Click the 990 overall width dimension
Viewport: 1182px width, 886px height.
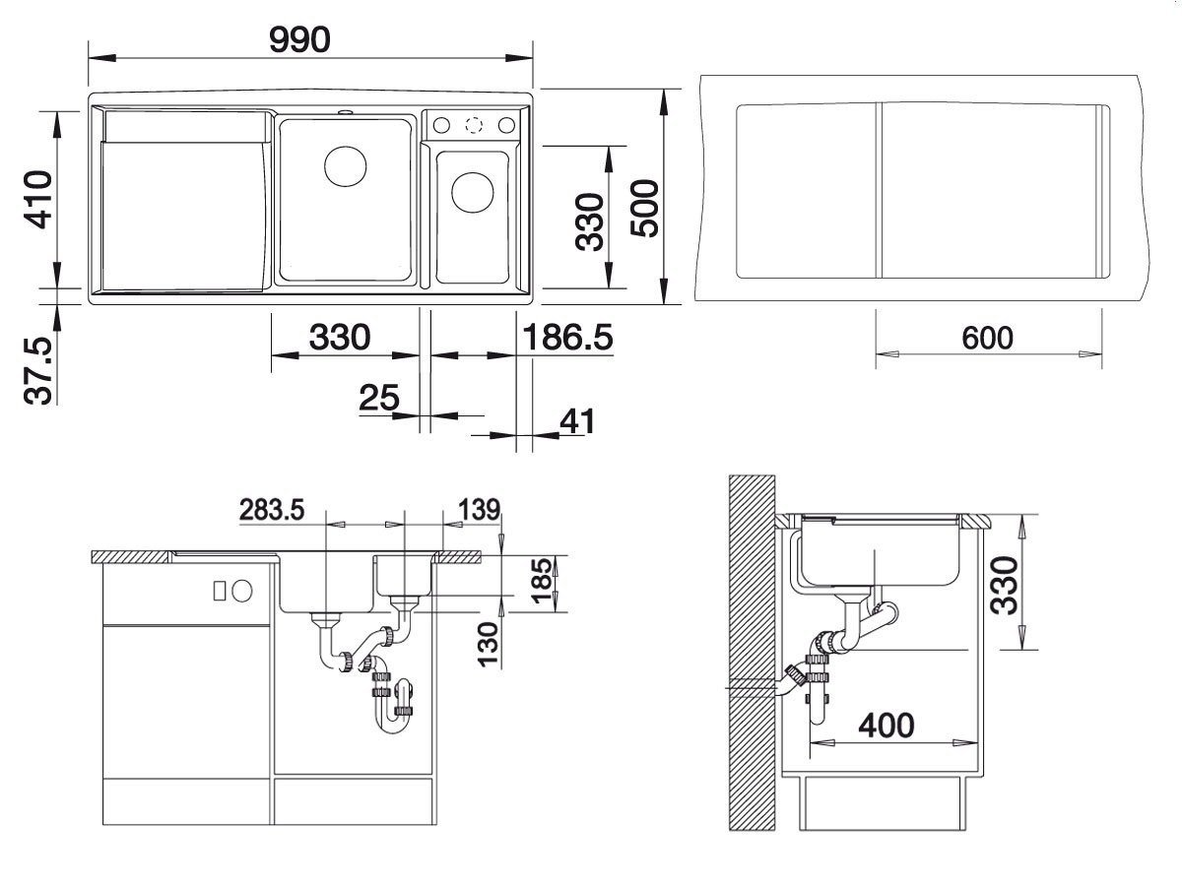(299, 39)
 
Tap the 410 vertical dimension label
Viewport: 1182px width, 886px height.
(38, 199)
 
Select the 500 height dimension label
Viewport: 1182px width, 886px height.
(644, 208)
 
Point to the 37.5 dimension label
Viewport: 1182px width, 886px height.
(38, 371)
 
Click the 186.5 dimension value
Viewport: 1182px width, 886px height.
(567, 338)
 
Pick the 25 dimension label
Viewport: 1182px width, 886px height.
(379, 398)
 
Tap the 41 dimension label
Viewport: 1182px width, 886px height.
(577, 421)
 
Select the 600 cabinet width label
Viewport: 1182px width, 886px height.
(987, 339)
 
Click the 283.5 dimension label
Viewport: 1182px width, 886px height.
(272, 509)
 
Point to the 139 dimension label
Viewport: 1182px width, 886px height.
(479, 509)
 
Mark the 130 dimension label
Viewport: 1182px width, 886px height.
(489, 645)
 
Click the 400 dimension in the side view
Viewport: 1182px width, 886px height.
(886, 726)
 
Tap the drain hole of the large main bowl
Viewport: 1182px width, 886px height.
(345, 166)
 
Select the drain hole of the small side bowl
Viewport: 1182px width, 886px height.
(472, 192)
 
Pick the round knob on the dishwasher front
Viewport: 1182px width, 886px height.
(241, 592)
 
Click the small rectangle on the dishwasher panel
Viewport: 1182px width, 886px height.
(220, 592)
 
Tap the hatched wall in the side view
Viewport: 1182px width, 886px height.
(752, 653)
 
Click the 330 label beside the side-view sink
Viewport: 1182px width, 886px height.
(1005, 586)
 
